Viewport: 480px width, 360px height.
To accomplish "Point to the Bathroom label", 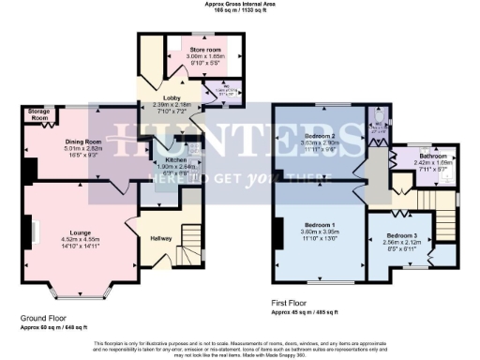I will pyautogui.click(x=433, y=156).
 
